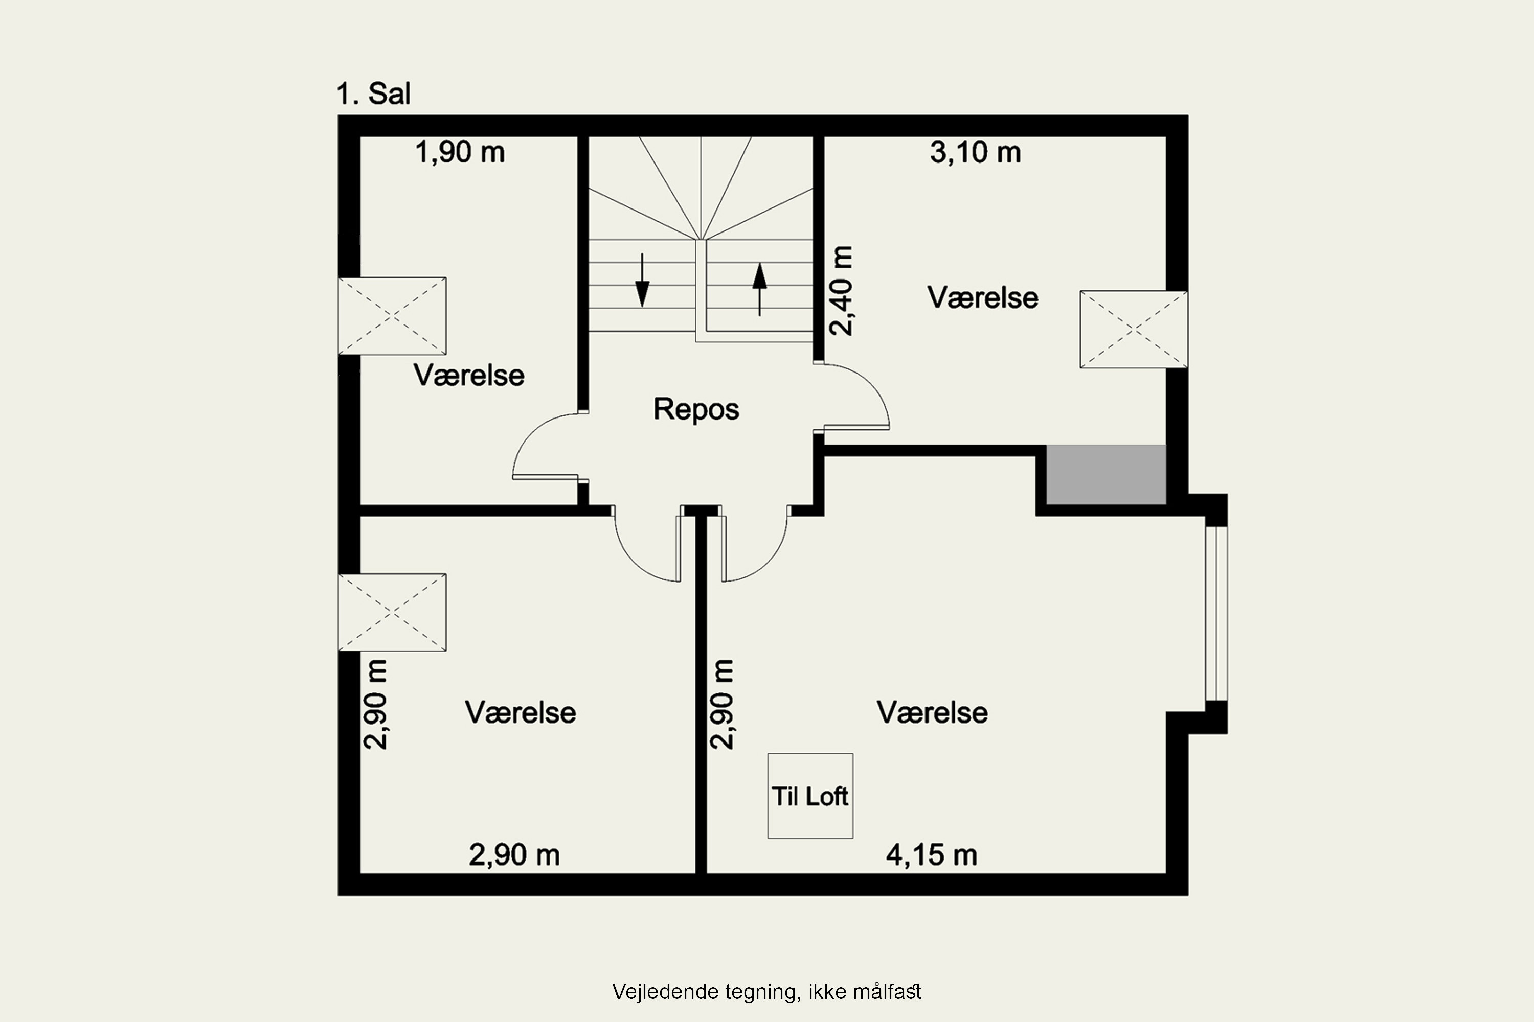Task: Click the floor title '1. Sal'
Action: tap(374, 94)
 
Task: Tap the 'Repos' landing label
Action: tap(696, 409)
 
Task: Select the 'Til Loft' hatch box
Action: tap(810, 796)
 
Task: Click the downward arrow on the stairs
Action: tap(642, 280)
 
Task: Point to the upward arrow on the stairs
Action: tap(759, 289)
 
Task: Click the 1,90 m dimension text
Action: tap(460, 152)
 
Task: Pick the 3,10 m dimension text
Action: tap(975, 152)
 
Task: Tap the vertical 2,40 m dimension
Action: tap(841, 291)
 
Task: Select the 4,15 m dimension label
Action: tap(931, 855)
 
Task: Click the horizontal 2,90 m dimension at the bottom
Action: tap(514, 855)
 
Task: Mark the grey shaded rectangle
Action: tap(1106, 475)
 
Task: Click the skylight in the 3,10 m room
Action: tap(1134, 330)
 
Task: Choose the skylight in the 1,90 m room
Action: tap(392, 316)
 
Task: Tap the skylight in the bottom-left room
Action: tap(392, 612)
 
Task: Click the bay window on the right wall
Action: tap(1216, 613)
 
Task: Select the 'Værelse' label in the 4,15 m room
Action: tap(932, 712)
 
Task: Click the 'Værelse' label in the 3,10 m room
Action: tap(983, 298)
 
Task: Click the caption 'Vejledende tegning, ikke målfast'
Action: tap(766, 992)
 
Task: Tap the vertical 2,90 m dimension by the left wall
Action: tap(376, 705)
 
